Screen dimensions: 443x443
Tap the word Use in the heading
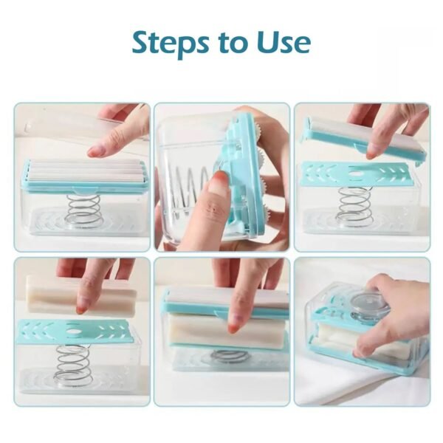click(283, 44)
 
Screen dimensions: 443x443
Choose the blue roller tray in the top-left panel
click(85, 176)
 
